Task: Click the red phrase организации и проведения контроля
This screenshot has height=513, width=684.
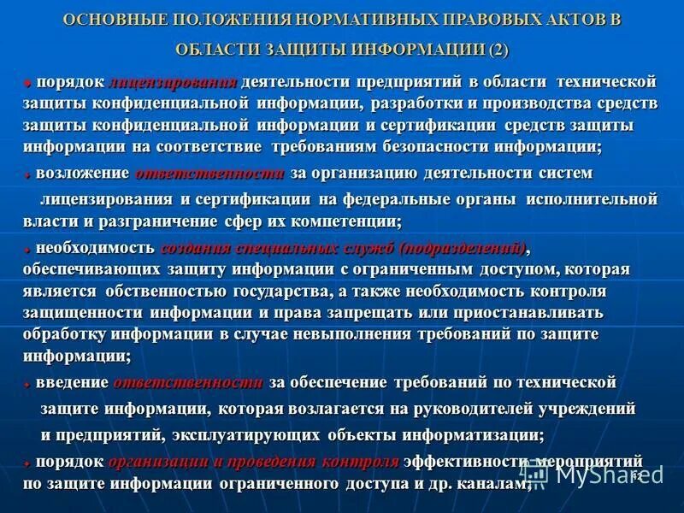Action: click(x=253, y=463)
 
